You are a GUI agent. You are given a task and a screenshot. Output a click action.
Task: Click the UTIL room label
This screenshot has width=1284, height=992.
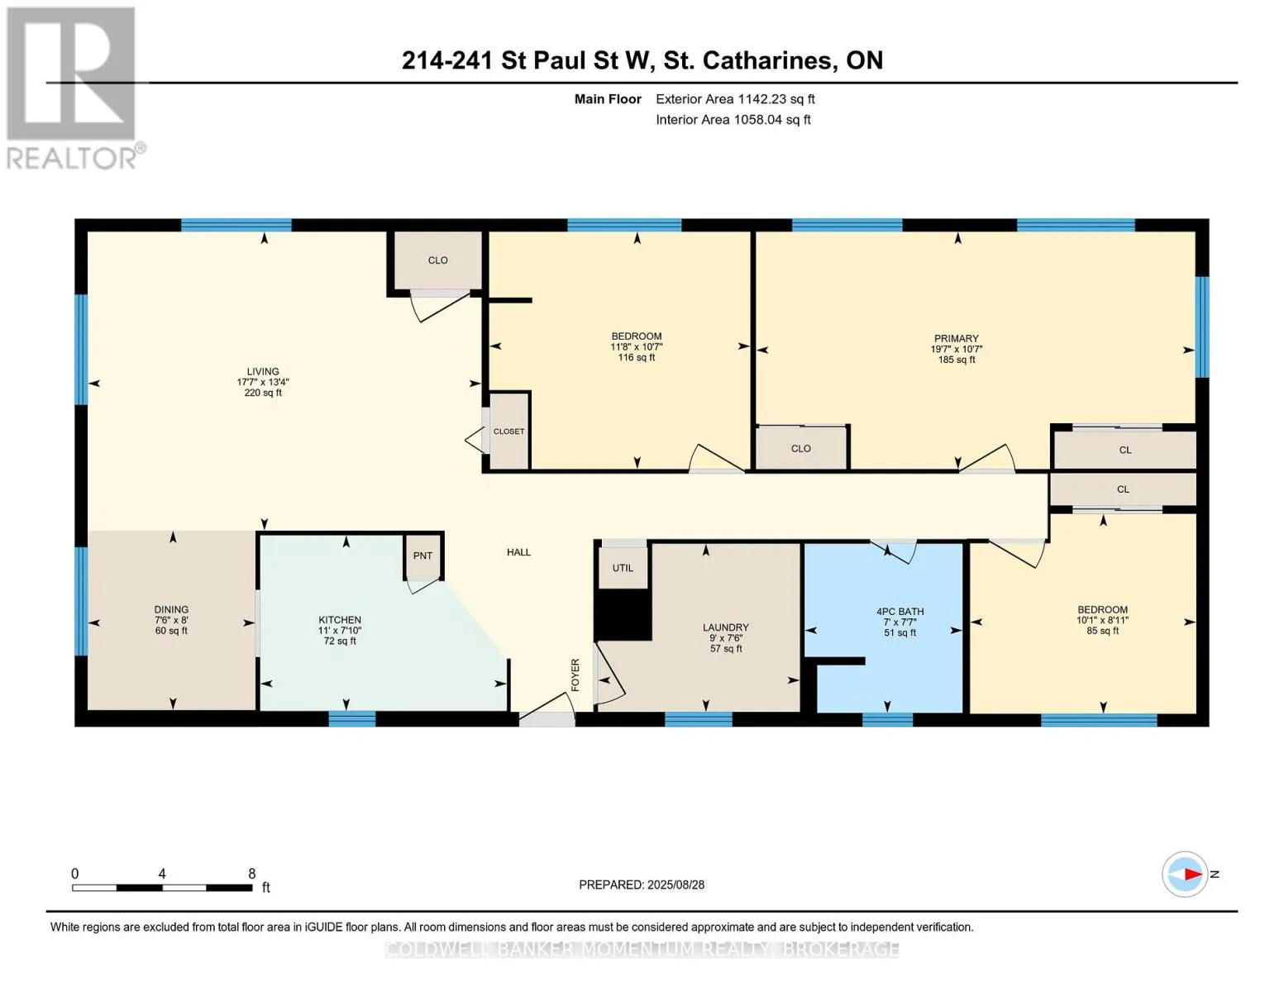point(623,568)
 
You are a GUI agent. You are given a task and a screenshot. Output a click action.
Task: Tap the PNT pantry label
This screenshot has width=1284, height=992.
point(422,556)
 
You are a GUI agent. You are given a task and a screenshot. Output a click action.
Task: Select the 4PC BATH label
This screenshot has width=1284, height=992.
point(900,612)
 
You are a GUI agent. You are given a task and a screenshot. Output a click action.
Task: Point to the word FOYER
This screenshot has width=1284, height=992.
point(575,675)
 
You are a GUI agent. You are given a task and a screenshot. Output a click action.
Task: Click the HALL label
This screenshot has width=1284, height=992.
point(518,552)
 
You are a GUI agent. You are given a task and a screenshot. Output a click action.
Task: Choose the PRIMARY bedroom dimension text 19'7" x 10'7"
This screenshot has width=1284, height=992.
point(956,349)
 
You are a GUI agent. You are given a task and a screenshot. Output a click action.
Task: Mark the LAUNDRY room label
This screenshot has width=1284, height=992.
point(726,627)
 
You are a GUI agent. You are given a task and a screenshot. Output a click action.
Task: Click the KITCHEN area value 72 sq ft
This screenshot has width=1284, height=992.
point(340,641)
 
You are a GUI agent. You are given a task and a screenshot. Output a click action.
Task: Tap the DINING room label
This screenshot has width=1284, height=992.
point(171,609)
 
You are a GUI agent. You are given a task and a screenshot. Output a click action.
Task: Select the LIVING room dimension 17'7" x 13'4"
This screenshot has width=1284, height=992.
point(263,382)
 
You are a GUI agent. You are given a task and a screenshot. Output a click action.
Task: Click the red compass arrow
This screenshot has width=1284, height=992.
point(1192,875)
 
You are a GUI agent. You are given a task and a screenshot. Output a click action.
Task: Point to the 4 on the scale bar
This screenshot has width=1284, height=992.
point(162,874)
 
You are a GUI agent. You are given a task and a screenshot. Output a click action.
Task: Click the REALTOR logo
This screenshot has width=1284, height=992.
point(74,88)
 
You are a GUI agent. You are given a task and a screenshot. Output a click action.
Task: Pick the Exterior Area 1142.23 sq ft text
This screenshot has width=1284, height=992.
point(735,99)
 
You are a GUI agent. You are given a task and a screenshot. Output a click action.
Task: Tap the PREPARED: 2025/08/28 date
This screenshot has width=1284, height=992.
point(642,885)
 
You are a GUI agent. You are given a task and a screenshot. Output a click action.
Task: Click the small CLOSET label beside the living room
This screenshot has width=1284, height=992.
point(508,432)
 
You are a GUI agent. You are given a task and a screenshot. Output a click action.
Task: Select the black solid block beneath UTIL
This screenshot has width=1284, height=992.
point(623,615)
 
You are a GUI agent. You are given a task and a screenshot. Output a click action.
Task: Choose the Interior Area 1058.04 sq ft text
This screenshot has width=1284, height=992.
point(733,120)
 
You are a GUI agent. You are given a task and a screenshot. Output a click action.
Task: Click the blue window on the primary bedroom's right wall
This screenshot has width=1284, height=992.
point(1201,327)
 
